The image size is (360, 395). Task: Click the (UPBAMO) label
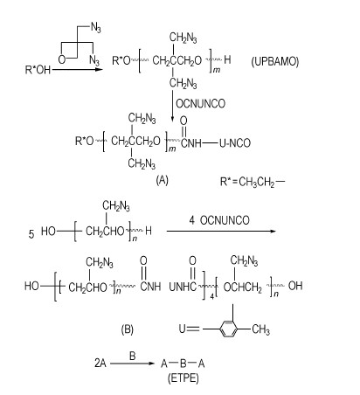coord(274,61)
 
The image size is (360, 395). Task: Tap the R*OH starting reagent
coord(38,70)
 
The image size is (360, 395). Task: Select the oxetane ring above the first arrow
coord(69,52)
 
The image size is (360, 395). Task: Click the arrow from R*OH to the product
coord(78,70)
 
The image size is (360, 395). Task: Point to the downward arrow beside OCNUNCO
coord(172,106)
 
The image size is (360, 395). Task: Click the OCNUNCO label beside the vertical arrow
coord(201,103)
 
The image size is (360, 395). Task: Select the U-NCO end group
coord(235,143)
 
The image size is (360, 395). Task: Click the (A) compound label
coord(163,180)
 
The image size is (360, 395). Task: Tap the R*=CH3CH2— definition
coord(253,182)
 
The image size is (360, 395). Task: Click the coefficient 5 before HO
coord(31,234)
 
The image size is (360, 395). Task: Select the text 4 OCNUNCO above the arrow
coord(219,220)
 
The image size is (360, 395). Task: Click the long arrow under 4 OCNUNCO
coord(221,232)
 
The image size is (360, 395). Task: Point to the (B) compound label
coord(128,329)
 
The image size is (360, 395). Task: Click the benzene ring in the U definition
coord(229,329)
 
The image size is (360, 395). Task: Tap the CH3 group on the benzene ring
coord(260,329)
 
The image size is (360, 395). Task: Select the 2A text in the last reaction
coord(100,364)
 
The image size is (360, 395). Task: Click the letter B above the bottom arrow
coord(133,356)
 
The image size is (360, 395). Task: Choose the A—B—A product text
coord(183,364)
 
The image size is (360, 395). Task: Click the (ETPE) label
coord(183,378)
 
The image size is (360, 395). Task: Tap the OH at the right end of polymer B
coord(295,286)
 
